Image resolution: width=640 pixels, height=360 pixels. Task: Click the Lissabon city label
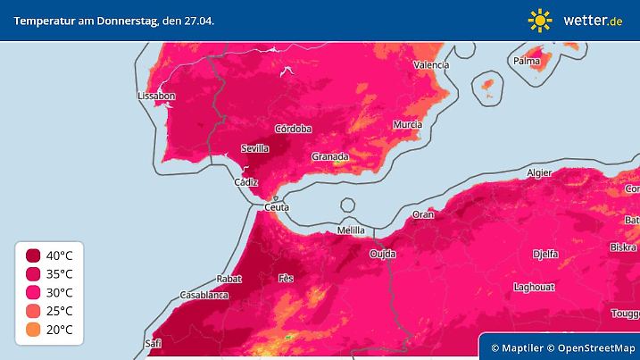(x=156, y=96)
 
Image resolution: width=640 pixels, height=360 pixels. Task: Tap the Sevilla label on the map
(x=255, y=148)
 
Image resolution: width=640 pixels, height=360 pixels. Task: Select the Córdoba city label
(x=293, y=129)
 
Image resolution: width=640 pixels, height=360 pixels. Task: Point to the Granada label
(x=328, y=156)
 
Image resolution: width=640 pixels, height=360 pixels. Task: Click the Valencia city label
(x=430, y=65)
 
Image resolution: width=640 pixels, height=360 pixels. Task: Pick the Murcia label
(x=407, y=123)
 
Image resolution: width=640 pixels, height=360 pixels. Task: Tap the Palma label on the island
(x=527, y=61)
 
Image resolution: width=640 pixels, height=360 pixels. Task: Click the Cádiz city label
(x=245, y=182)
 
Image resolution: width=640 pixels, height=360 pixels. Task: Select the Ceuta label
(x=277, y=207)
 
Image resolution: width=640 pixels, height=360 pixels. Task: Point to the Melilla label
(x=351, y=230)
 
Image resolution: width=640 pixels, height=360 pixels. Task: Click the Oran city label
(x=422, y=214)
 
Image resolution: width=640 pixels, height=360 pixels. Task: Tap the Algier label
(x=540, y=172)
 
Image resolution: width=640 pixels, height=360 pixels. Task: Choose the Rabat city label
(x=229, y=279)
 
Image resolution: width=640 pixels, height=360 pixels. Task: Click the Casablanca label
(x=204, y=294)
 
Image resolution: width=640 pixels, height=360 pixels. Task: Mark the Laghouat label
(x=536, y=287)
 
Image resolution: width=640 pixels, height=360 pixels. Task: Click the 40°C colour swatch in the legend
(x=33, y=255)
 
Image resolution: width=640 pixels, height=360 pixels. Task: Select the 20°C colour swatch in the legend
(x=33, y=329)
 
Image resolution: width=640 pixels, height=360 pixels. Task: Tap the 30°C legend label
(x=60, y=292)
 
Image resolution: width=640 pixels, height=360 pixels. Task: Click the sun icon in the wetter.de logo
(x=540, y=19)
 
